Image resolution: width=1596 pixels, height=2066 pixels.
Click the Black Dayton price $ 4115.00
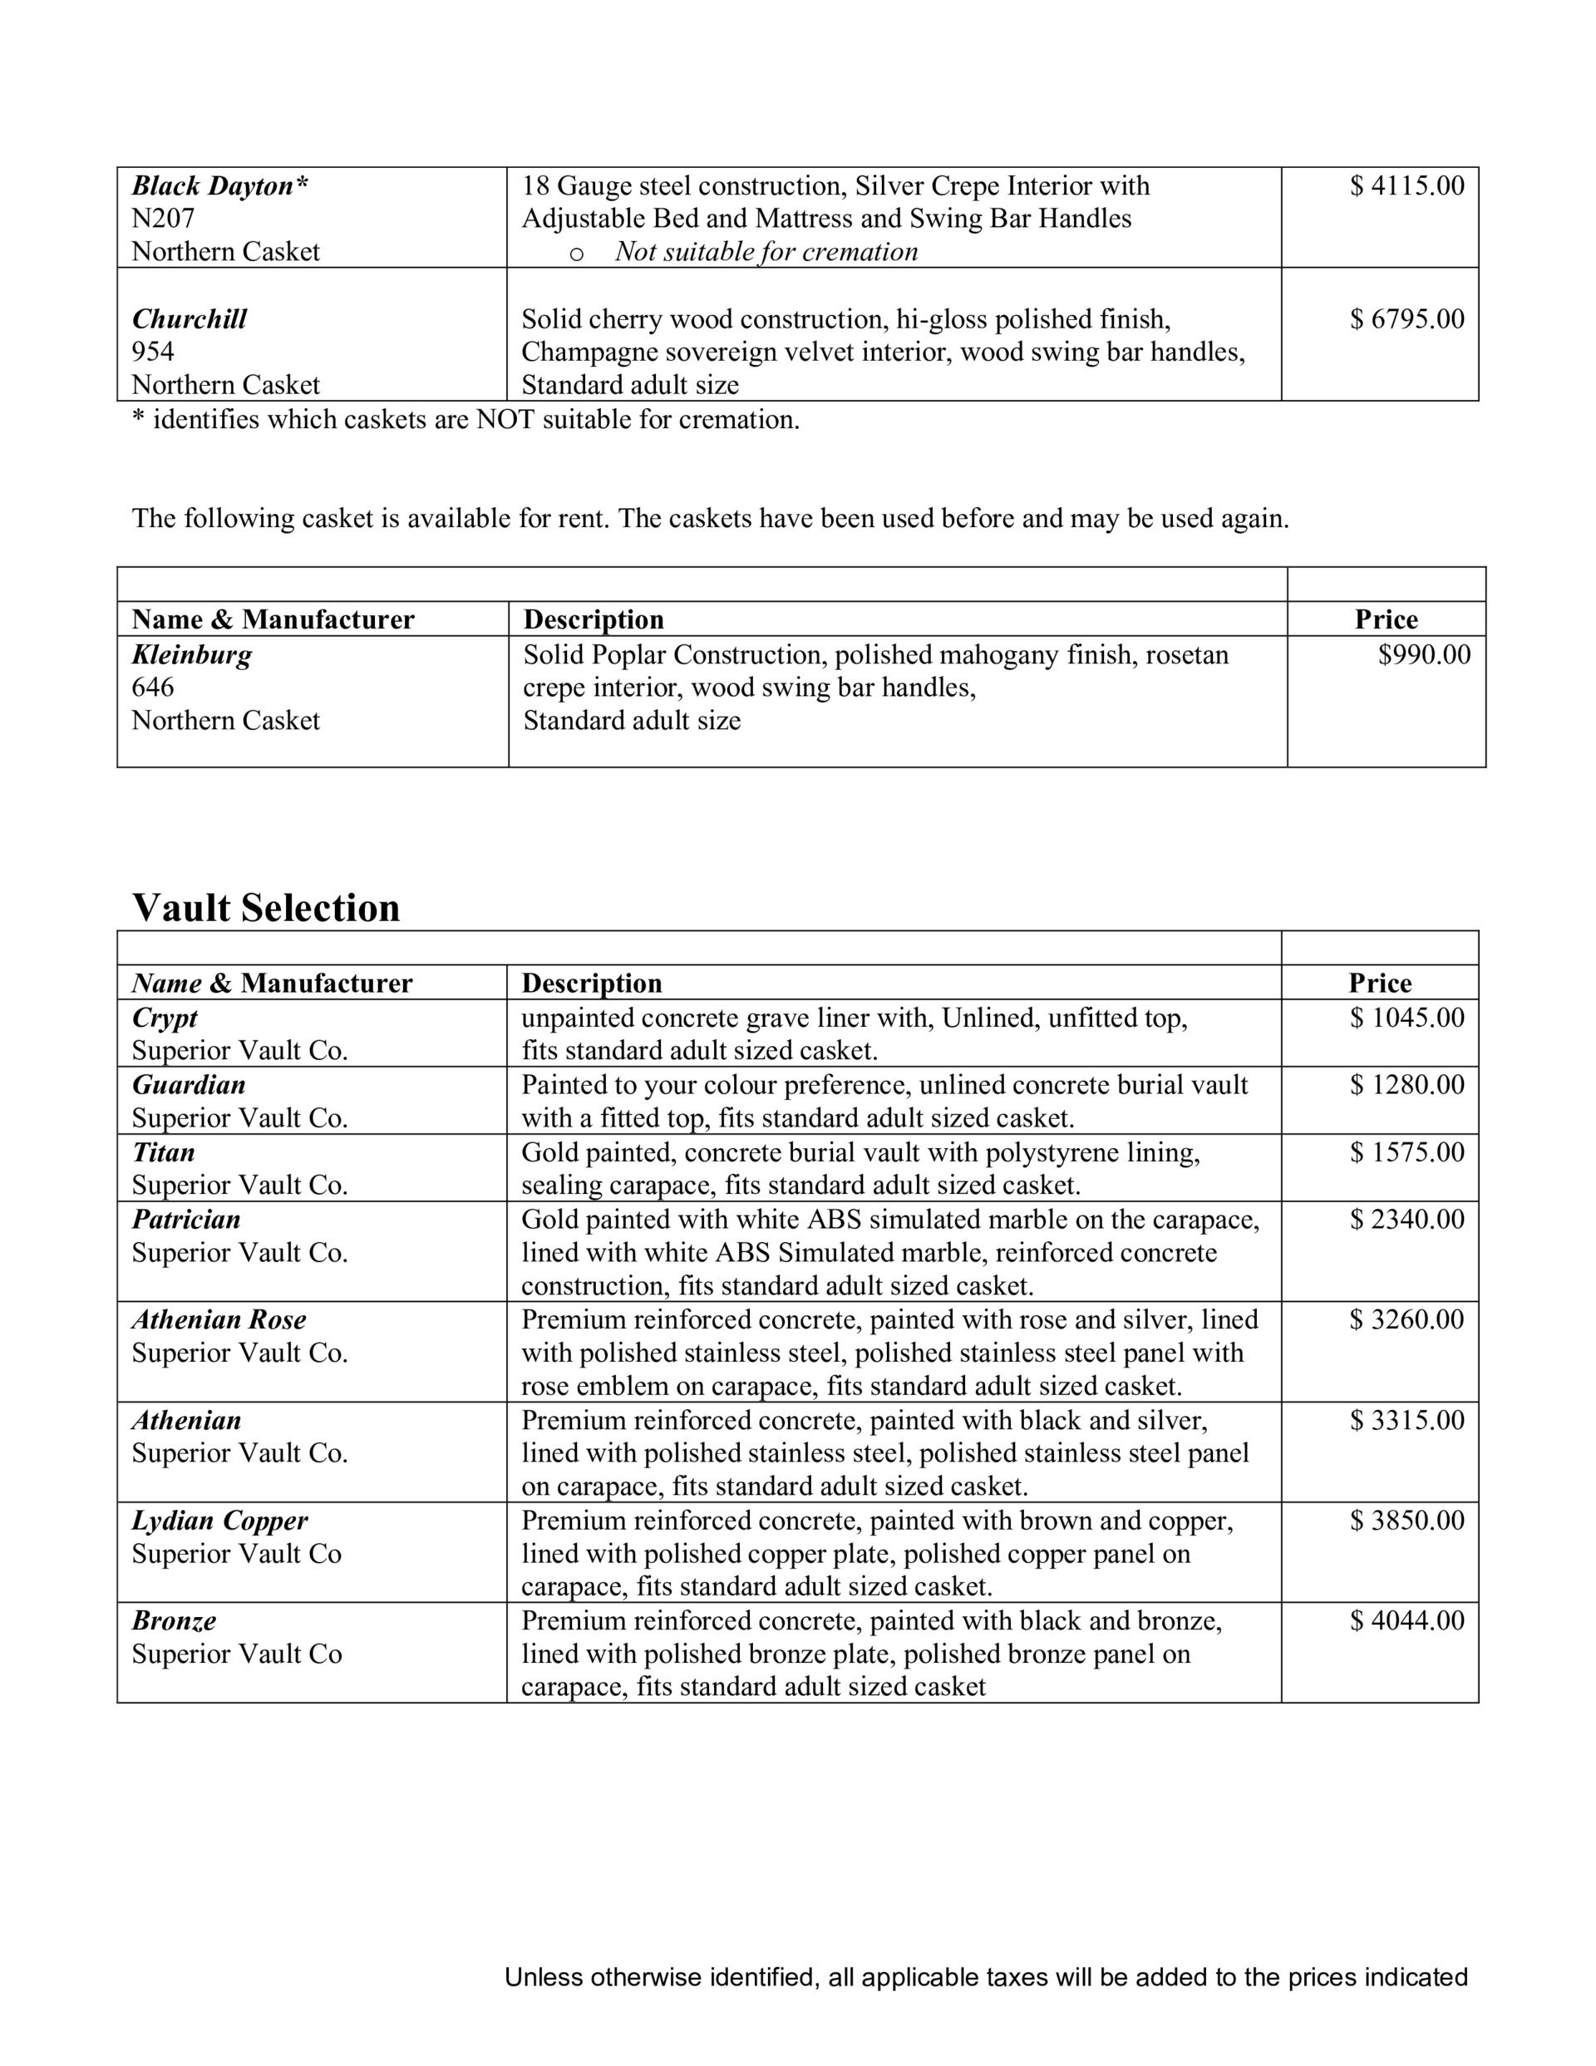pos(1406,185)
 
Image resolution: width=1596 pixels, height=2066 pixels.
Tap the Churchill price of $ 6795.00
pos(1406,318)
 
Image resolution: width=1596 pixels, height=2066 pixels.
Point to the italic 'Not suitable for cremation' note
pos(766,252)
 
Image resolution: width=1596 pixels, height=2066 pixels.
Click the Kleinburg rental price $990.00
pos(1424,654)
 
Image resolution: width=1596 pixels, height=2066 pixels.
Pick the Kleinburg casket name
pos(192,654)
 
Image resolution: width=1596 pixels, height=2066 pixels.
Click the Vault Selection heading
pos(266,907)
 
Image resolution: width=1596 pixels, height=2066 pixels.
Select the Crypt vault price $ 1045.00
pos(1406,1018)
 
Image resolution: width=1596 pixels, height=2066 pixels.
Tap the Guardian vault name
pos(188,1085)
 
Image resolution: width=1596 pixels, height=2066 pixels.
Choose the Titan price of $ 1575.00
pos(1406,1152)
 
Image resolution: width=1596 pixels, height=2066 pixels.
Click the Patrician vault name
pos(186,1220)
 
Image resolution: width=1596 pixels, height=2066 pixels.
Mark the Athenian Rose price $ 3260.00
pos(1406,1319)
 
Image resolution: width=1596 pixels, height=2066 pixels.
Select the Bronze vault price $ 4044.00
pos(1406,1620)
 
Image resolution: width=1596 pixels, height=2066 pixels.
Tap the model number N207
pos(163,219)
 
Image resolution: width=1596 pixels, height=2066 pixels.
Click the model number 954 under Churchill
pos(152,352)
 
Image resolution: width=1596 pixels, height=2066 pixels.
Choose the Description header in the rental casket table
pos(594,619)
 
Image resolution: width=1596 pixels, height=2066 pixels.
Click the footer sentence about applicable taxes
pos(986,1977)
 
